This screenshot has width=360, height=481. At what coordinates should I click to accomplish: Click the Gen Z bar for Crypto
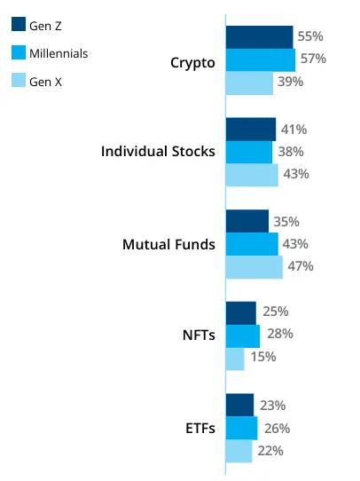259,37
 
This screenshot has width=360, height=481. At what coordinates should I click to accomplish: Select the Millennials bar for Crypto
261,59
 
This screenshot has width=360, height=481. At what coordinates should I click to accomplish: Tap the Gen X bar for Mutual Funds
254,266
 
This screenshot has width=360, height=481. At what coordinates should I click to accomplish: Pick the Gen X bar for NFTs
235,358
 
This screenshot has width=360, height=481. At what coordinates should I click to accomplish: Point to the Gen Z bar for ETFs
239,405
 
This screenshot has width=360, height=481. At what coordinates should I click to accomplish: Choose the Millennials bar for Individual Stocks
249,152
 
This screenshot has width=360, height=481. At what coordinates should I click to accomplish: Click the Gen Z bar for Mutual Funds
247,221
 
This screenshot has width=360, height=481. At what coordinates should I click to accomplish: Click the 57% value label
314,59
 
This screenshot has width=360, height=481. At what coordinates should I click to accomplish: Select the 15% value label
262,358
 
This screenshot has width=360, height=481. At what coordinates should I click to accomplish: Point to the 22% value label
270,451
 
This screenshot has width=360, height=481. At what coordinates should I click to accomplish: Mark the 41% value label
293,130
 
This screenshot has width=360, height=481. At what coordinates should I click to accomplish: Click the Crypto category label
192,62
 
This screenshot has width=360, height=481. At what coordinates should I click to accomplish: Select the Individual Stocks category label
158,152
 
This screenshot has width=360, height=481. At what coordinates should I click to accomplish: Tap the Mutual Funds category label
168,244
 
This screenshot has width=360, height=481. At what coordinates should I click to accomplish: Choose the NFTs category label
198,335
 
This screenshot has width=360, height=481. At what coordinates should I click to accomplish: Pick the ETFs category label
199,429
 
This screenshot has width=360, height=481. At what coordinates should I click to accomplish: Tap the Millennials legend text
59,54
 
